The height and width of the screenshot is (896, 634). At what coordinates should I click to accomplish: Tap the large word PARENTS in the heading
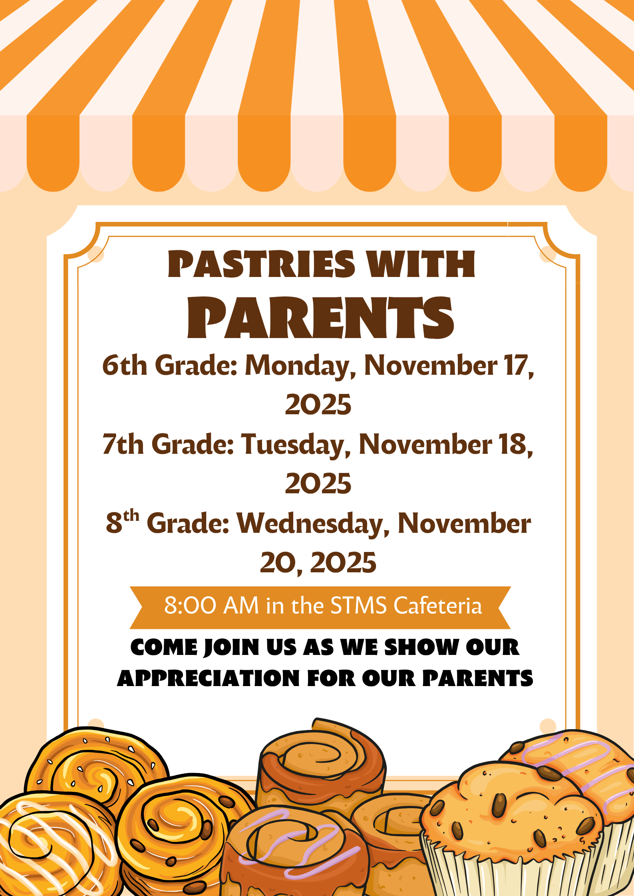[320, 318]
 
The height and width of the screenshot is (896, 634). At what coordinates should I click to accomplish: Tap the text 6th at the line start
[125, 366]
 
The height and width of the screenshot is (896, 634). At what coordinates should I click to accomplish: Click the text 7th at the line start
[123, 445]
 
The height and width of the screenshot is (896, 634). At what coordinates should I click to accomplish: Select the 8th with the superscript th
[122, 522]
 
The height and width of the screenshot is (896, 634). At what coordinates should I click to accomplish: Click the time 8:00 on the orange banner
[190, 606]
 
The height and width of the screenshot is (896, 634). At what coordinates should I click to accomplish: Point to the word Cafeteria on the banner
[438, 606]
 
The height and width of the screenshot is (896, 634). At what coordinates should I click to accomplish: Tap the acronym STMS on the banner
[359, 606]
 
